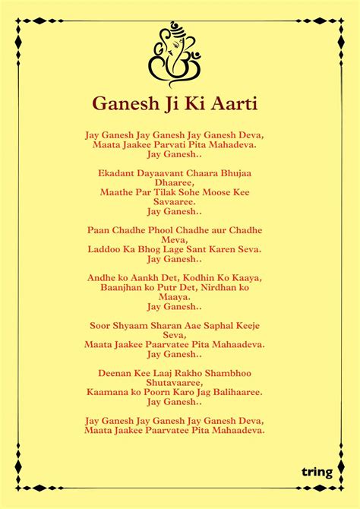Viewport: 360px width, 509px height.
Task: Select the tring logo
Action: click(317, 472)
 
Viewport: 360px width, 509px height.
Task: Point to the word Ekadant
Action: click(120, 173)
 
